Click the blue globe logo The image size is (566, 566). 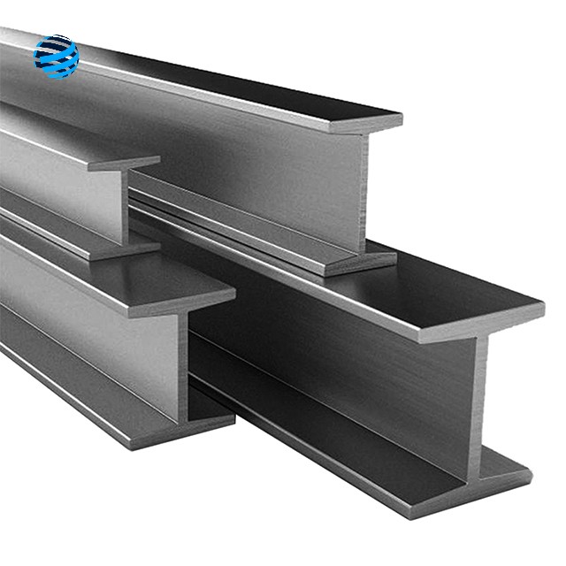56,57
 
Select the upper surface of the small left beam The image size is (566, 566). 53,133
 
